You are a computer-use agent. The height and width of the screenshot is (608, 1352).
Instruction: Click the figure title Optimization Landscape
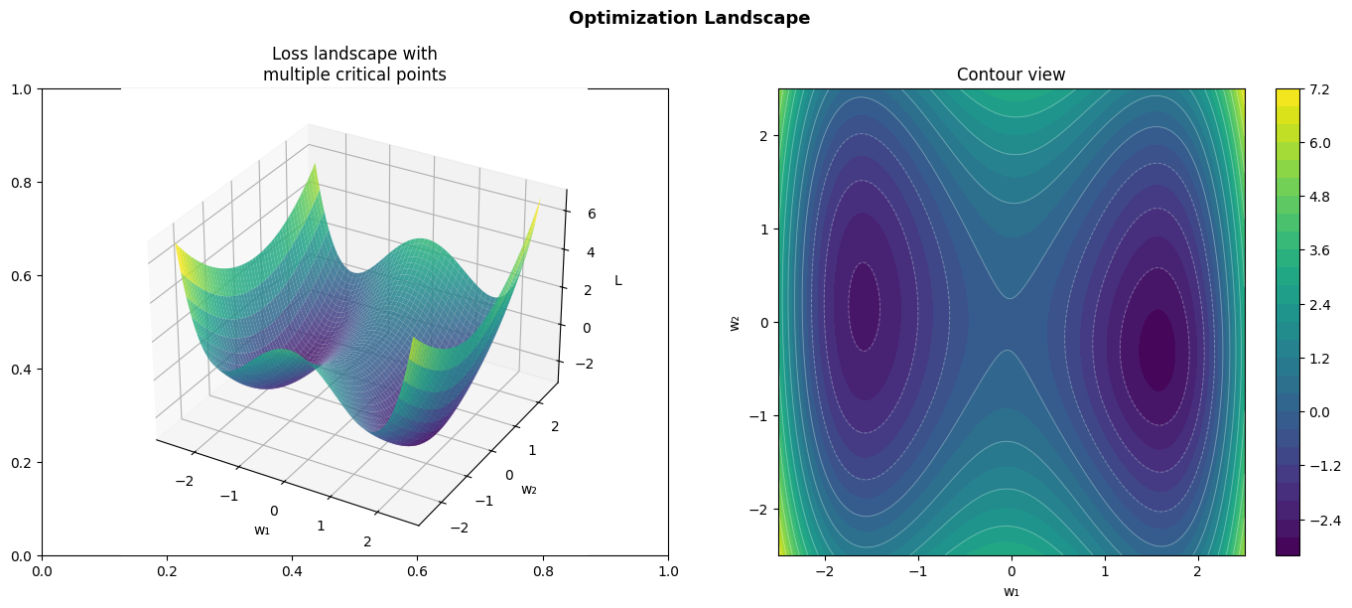coord(689,18)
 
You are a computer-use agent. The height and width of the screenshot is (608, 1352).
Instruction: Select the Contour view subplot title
coord(1011,75)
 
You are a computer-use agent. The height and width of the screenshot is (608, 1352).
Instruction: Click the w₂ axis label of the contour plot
coord(736,322)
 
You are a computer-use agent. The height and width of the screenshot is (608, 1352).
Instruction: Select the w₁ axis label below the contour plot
coord(1011,592)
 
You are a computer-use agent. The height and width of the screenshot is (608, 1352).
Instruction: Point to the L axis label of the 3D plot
coord(618,280)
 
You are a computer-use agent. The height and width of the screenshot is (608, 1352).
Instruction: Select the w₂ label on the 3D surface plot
coord(529,488)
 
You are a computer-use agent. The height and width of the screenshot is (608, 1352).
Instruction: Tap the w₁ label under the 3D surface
coord(262,530)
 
